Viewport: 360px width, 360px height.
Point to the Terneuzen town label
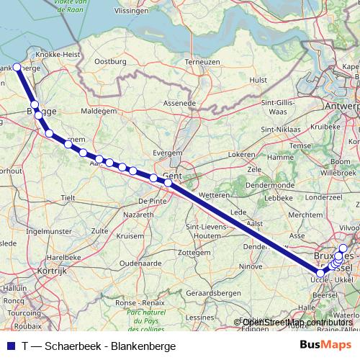[202, 62]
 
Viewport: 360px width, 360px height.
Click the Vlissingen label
[150, 12]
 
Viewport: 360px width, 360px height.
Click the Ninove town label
[251, 266]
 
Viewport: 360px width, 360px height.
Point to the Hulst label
[258, 81]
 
